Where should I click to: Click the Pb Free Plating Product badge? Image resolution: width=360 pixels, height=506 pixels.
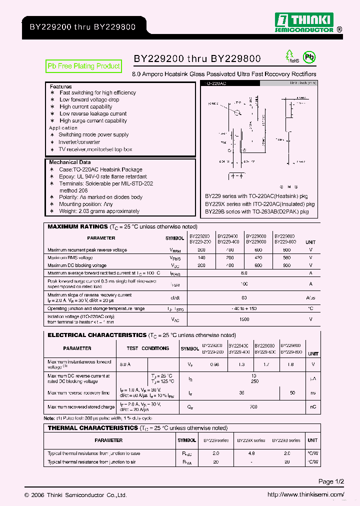click(83, 66)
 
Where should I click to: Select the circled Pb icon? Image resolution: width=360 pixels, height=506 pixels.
click(310, 57)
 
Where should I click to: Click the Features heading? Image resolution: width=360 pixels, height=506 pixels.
click(60, 86)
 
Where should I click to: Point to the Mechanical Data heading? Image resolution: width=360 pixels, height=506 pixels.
click(70, 162)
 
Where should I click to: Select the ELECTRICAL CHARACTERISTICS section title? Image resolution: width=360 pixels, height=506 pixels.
click(97, 335)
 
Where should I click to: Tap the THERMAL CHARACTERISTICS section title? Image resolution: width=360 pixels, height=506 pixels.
click(92, 428)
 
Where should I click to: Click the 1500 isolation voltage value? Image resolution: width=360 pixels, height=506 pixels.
click(244, 319)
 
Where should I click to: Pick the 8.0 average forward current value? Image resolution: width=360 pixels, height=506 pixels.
click(244, 273)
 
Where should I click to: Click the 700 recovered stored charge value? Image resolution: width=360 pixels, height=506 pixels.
click(254, 407)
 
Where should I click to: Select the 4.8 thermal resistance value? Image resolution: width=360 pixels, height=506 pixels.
click(251, 453)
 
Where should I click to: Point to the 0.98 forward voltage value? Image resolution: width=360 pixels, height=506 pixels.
click(215, 364)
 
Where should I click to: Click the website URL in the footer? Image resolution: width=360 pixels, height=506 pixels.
click(306, 495)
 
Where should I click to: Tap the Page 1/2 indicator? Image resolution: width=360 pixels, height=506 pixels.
click(331, 481)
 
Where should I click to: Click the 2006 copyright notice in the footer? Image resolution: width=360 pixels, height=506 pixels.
click(75, 495)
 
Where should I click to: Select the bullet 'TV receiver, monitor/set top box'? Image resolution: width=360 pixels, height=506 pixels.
click(95, 149)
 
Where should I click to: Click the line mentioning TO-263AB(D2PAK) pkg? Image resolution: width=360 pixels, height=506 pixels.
click(257, 211)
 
